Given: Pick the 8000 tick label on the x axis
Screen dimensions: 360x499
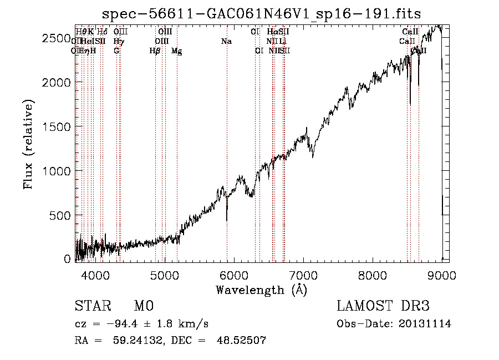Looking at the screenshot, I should [373, 275].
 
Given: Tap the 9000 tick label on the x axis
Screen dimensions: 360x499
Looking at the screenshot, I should [442, 275].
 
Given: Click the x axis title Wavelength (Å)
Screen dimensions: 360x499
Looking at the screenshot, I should [261, 290].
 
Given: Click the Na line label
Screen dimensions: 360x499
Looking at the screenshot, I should [226, 41].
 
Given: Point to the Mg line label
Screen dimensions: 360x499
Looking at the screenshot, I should [176, 51].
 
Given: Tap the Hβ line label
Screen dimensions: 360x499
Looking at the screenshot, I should [155, 50].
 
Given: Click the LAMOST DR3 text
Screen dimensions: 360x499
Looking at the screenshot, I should [383, 306].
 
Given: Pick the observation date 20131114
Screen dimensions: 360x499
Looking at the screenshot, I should [426, 324].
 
